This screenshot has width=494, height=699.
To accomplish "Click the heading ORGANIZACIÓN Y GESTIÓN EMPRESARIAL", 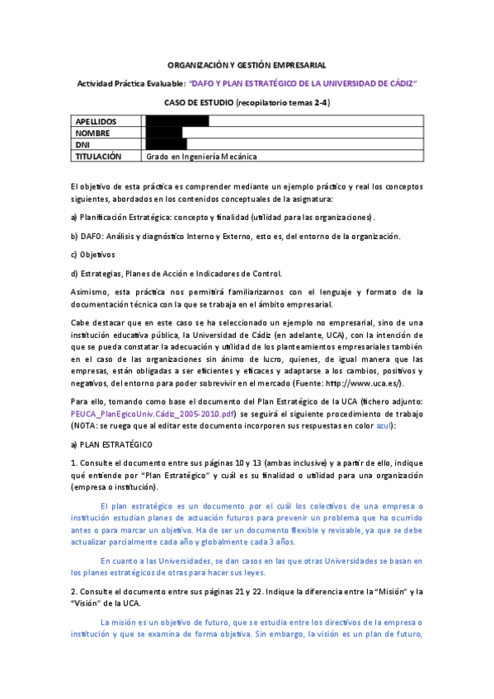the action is [247, 64].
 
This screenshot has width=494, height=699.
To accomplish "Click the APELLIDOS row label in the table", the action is [96, 121].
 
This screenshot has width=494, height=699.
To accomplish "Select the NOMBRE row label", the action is [92, 133].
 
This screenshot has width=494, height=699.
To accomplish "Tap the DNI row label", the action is [82, 144].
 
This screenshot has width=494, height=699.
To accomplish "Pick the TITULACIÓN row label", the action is [98, 156].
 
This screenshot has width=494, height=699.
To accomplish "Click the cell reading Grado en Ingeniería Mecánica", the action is [201, 156].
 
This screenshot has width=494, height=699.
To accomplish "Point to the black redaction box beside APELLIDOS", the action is [176, 121].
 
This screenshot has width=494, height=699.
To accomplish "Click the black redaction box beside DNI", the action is [166, 144].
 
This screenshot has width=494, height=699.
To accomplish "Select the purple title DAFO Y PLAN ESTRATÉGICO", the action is [303, 83].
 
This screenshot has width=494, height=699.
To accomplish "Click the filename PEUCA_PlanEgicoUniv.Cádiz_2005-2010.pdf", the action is [153, 413].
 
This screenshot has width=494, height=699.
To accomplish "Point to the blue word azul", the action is [383, 425].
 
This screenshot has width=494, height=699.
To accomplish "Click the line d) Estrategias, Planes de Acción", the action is [176, 274].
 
